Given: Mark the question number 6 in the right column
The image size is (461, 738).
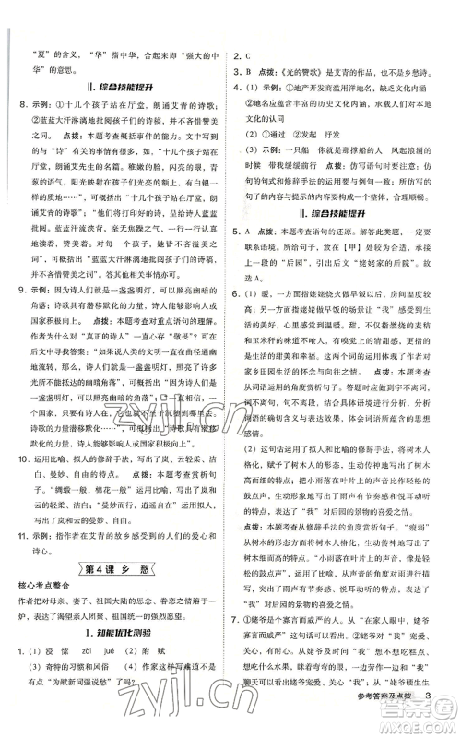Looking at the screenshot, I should pyautogui.click(x=236, y=348).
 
